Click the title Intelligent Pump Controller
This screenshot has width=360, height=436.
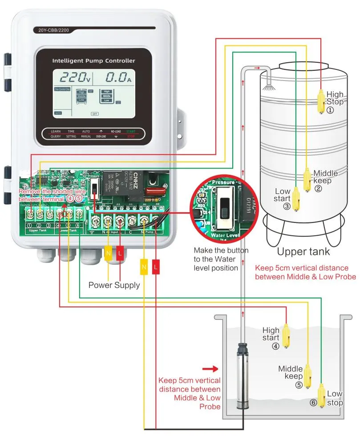[93, 61]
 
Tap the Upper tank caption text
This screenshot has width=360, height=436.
[303, 252]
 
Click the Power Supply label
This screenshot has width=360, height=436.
[114, 285]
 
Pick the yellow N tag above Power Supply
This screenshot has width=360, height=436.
[108, 253]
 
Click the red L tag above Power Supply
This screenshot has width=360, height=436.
[120, 253]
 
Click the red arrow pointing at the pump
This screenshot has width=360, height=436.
[210, 369]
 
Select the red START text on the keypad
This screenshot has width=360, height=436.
[131, 132]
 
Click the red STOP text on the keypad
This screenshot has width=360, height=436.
[131, 137]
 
